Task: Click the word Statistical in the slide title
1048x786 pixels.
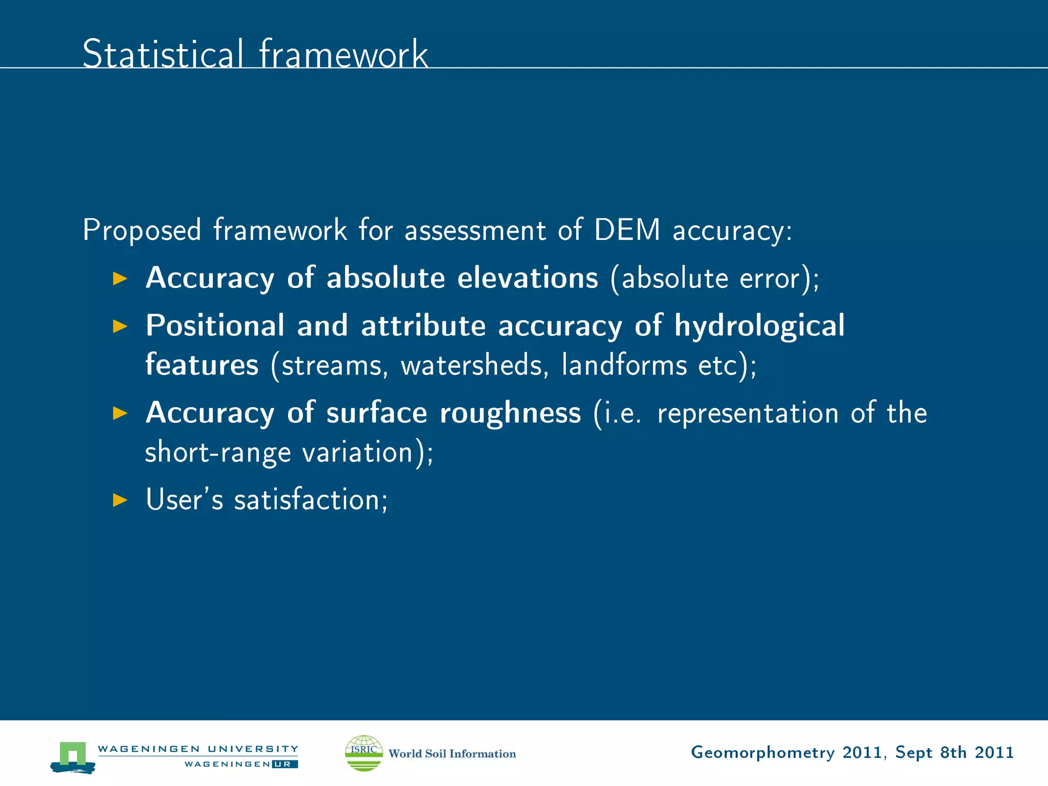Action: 163,54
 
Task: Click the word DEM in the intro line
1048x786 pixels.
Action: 627,230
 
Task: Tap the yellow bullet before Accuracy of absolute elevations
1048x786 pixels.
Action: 120,278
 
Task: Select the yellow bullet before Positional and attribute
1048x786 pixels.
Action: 120,326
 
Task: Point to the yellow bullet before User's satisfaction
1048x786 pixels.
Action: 120,499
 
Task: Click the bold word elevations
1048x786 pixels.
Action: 527,278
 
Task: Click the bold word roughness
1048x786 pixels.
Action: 510,413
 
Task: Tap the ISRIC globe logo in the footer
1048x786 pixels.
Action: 364,753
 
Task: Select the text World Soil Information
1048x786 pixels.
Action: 452,754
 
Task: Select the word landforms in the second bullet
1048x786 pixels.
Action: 624,365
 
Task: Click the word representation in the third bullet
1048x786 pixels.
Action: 748,413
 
